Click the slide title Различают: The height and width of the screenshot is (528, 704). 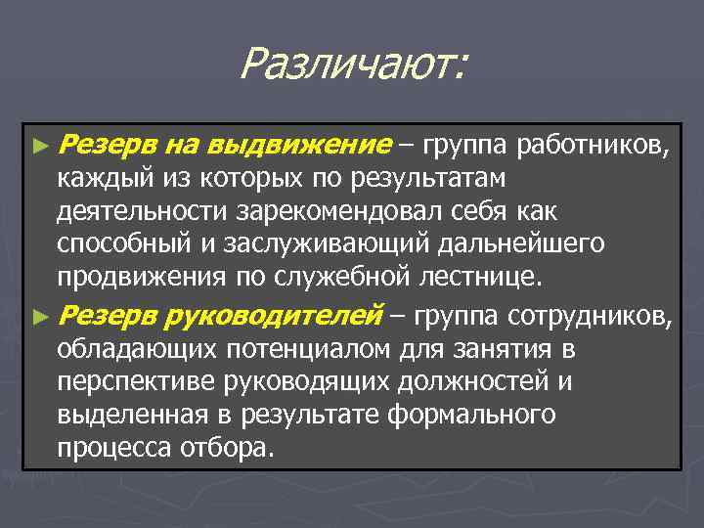point(354,66)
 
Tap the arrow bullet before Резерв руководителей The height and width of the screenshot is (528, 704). point(39,316)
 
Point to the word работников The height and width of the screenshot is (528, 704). point(594,148)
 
